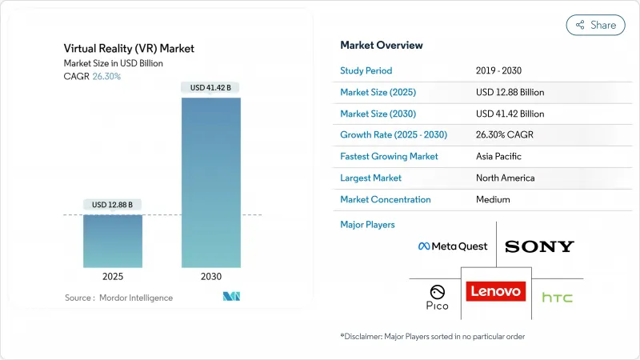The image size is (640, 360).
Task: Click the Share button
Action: click(596, 25)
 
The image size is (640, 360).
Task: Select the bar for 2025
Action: click(113, 241)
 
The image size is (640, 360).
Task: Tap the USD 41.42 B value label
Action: click(211, 86)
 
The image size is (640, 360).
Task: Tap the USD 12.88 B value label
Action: click(113, 205)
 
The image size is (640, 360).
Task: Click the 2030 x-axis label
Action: click(211, 276)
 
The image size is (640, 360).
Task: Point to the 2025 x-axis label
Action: click(113, 276)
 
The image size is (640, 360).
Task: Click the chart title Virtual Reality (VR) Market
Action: click(129, 49)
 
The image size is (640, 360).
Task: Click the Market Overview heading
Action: click(382, 46)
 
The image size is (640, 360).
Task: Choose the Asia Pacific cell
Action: click(501, 157)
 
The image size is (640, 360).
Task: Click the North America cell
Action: click(505, 178)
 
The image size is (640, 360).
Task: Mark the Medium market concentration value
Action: click(493, 200)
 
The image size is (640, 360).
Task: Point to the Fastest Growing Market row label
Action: click(389, 157)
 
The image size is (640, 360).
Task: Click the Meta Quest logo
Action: click(452, 246)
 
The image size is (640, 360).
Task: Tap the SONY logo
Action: click(539, 246)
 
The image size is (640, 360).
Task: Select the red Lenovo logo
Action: click(495, 291)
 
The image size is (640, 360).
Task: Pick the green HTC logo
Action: click(557, 298)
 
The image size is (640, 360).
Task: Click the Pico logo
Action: click(437, 297)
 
